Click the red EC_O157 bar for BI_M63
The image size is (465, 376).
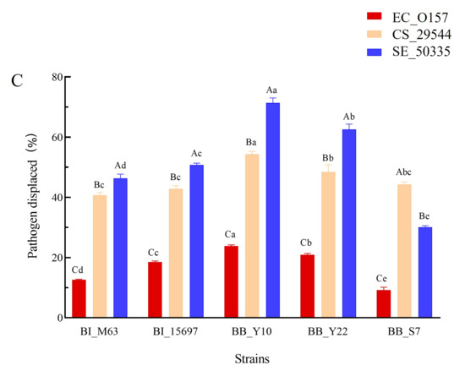point(79,298)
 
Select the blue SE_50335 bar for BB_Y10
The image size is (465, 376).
point(273,210)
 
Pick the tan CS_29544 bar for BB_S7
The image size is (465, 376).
point(404,251)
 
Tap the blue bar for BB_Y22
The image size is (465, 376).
point(349,223)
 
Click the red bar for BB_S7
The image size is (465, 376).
point(384,303)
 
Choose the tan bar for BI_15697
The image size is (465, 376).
point(176,253)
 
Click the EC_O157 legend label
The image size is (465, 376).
point(420,18)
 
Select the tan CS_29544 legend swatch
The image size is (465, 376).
point(374,34)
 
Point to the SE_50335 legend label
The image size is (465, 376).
point(421,52)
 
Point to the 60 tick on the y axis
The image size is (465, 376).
point(68,137)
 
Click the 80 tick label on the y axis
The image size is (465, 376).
point(57,77)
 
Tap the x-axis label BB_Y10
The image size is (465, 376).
point(252,331)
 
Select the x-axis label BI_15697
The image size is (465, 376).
point(175,331)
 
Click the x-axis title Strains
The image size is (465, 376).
point(252,359)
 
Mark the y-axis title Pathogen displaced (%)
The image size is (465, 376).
point(33,196)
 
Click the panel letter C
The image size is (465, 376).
point(17,80)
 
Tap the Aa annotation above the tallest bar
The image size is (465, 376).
point(271,90)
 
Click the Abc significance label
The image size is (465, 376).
point(403,172)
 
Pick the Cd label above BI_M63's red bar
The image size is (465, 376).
point(78,270)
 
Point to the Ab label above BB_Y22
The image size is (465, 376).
point(349,117)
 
